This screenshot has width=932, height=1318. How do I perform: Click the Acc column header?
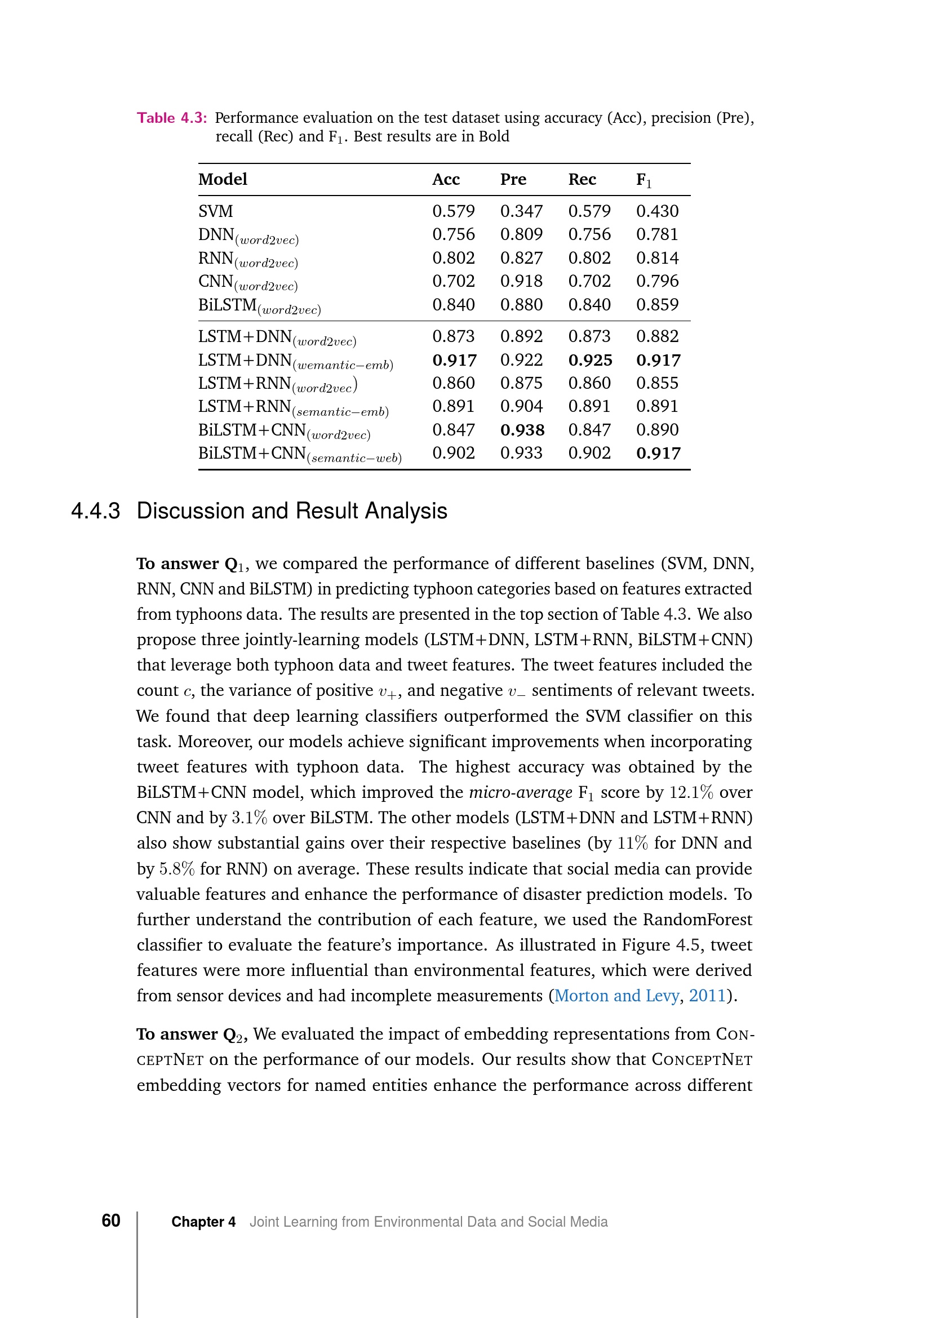[x=446, y=180]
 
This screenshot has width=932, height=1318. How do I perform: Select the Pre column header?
[x=513, y=180]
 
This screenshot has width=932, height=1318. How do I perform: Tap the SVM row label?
[x=216, y=211]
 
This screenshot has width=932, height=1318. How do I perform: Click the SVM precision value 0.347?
[x=521, y=211]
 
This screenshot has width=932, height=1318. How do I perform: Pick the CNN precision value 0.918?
[x=521, y=281]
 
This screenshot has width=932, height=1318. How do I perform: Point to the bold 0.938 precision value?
[x=522, y=430]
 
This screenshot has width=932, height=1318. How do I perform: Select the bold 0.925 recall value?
[x=590, y=360]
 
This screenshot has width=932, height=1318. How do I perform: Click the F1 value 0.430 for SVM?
[x=657, y=211]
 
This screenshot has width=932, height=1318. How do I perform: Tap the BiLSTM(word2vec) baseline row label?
[x=259, y=306]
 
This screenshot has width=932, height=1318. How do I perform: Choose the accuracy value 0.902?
[x=454, y=453]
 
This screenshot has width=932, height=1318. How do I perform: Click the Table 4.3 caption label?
[x=172, y=118]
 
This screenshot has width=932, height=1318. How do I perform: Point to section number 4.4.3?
[x=95, y=511]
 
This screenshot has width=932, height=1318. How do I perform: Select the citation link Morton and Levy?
[x=616, y=995]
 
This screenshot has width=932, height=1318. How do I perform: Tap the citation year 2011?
[x=708, y=995]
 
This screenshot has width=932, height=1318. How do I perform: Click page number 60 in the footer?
[x=111, y=1221]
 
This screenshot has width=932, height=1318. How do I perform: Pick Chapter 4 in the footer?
[x=203, y=1222]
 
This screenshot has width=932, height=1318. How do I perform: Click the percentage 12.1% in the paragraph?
[x=691, y=792]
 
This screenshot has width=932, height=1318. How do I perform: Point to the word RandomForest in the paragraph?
[x=696, y=919]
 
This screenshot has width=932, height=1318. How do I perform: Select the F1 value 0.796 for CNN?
[x=657, y=281]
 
